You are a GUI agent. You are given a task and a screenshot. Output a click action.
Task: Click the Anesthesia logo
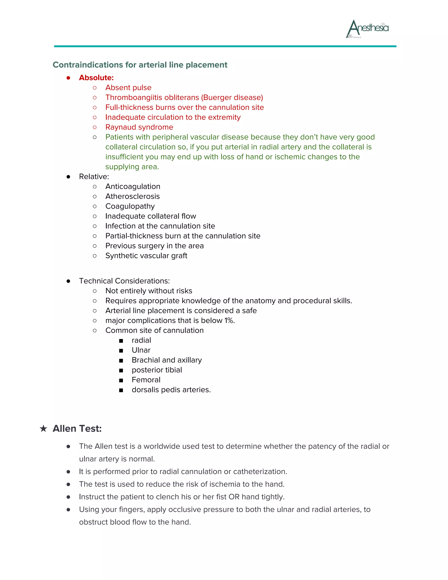[367, 28]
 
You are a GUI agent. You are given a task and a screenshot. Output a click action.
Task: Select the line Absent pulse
[128, 87]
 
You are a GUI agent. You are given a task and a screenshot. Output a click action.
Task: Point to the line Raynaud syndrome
[139, 127]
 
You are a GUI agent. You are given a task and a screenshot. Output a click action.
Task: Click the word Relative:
[94, 176]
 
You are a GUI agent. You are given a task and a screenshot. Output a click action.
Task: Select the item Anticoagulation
[133, 186]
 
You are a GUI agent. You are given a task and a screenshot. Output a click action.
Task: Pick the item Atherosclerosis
[132, 196]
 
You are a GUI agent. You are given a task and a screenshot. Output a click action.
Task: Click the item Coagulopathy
[130, 206]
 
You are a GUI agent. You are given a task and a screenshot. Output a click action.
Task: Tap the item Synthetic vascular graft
[146, 255]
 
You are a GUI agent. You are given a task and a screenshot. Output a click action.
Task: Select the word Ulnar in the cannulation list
[141, 350]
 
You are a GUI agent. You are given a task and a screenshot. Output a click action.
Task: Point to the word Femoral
[146, 380]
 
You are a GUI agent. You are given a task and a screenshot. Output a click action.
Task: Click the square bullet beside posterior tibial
[121, 370]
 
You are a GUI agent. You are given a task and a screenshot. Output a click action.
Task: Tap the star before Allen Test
[43, 428]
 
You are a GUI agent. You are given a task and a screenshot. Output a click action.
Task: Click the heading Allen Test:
[77, 428]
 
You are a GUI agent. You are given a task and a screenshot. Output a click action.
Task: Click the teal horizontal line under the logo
[225, 46]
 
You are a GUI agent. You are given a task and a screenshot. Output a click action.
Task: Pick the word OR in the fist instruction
[234, 497]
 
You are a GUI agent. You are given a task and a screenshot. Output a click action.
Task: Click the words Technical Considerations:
[124, 281]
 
